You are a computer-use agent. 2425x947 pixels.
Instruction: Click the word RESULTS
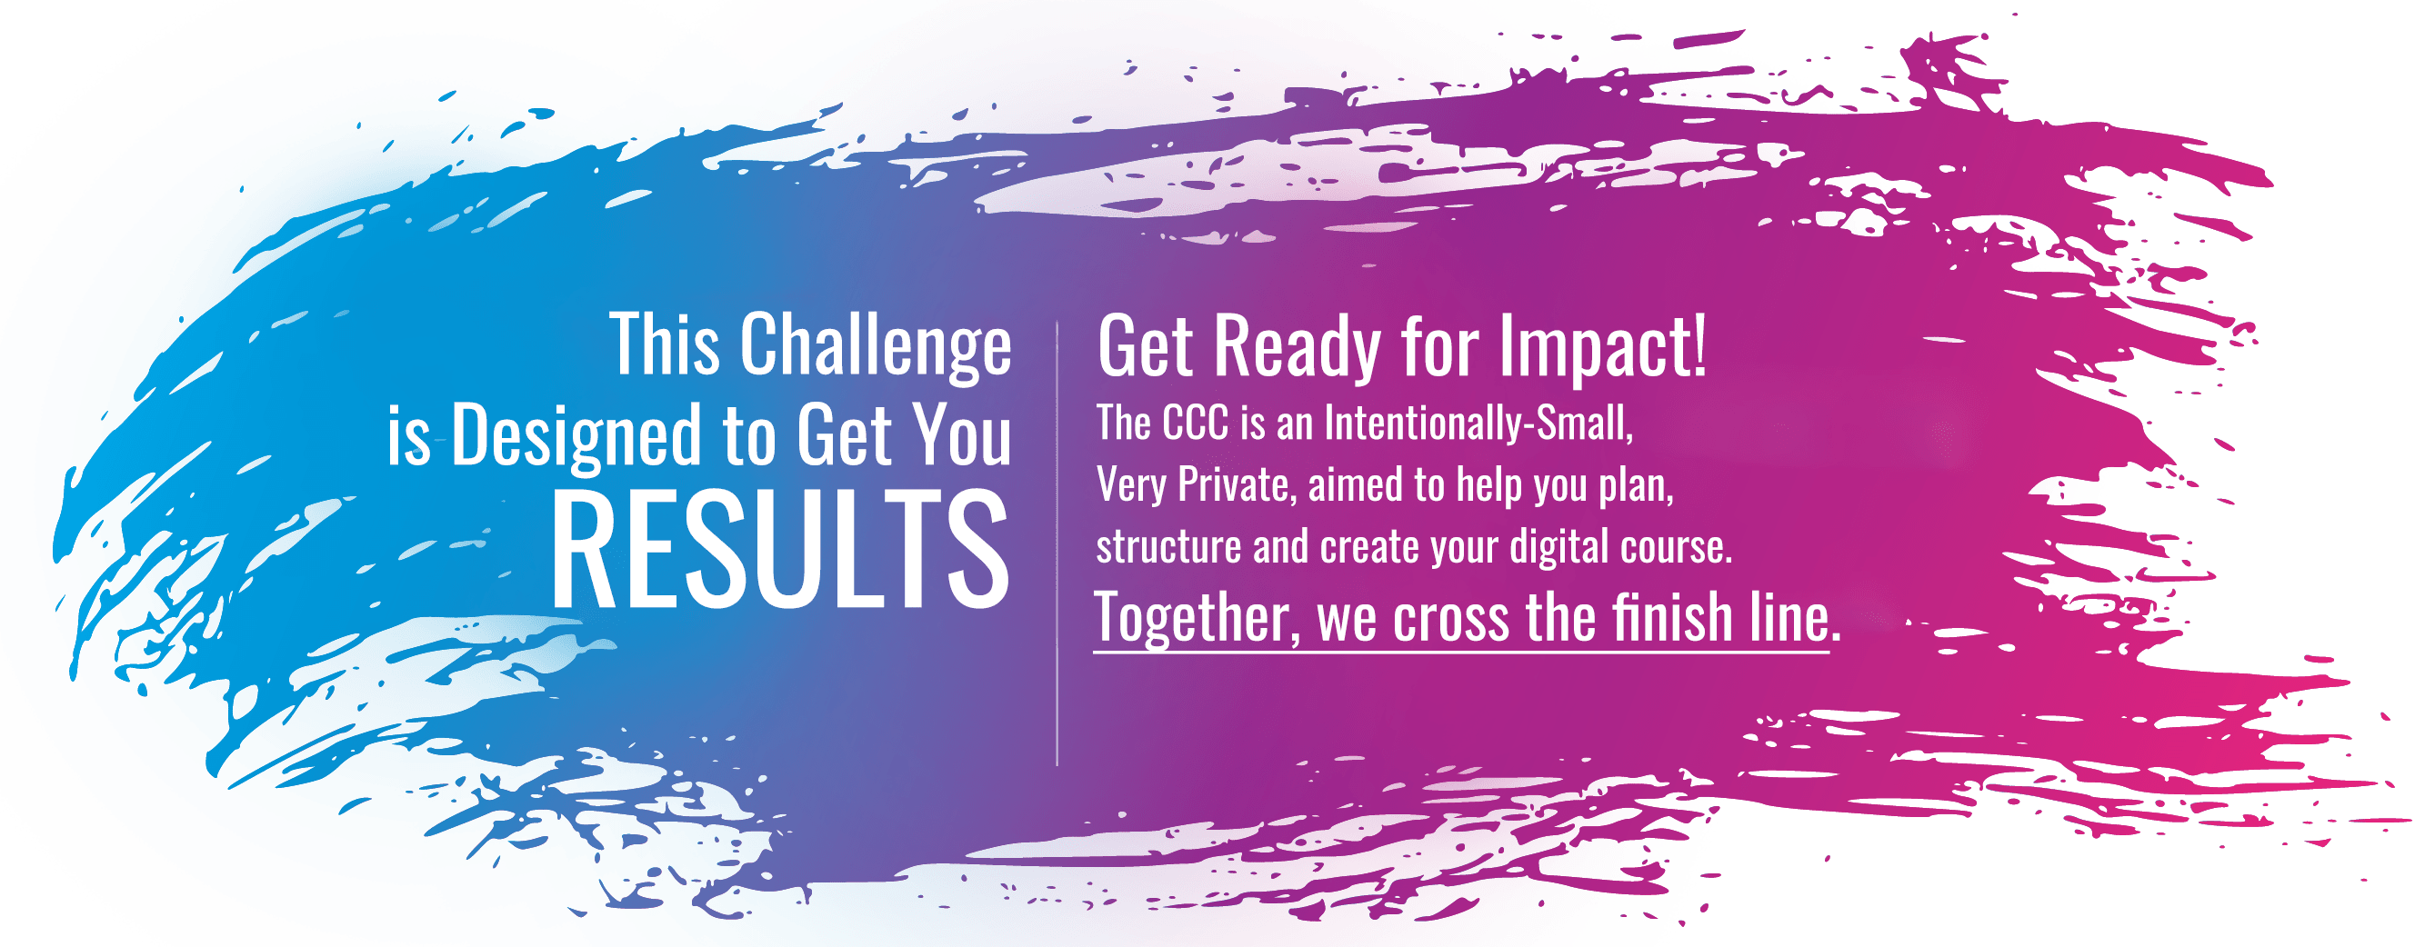coord(779,550)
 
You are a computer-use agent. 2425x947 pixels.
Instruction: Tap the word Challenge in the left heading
coord(876,346)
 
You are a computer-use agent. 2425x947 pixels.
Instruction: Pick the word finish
coord(1672,617)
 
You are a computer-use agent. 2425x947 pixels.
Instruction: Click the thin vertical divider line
coord(1057,543)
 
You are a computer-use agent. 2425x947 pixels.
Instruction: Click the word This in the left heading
coord(666,344)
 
